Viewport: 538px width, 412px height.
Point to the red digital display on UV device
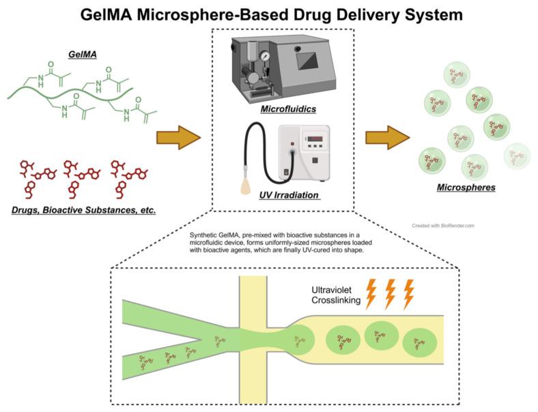pyautogui.click(x=315, y=141)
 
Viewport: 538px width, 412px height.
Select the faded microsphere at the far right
pyautogui.click(x=516, y=156)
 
